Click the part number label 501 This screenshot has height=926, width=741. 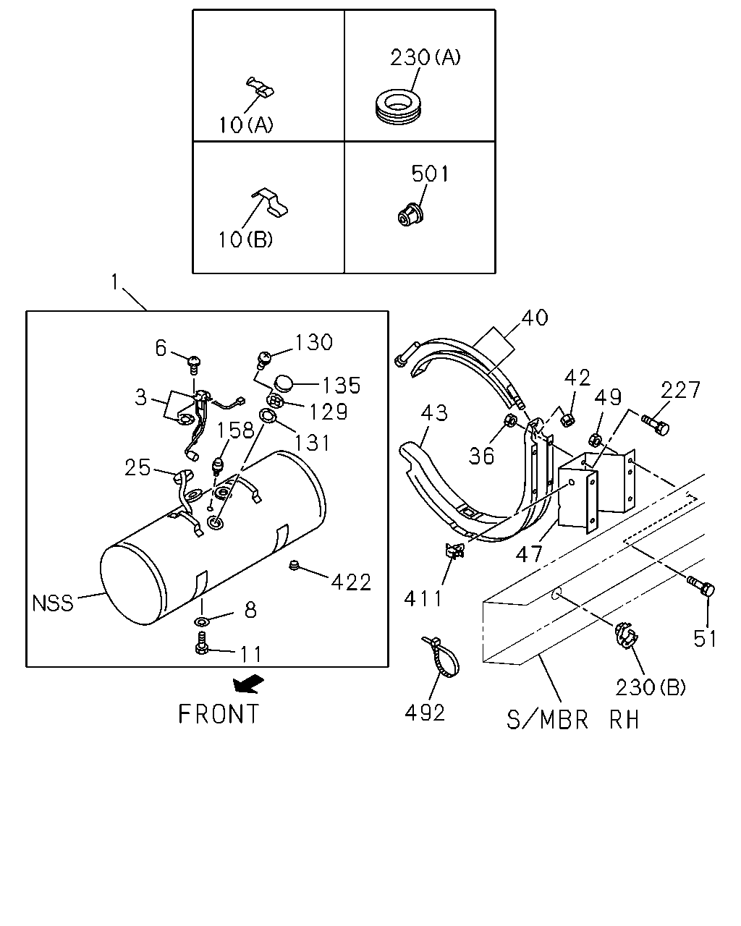tap(430, 174)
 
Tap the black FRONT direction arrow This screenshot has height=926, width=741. tap(248, 683)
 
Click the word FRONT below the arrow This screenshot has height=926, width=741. tap(219, 714)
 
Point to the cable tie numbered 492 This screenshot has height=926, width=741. tap(441, 657)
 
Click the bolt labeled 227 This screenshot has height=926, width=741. tap(656, 424)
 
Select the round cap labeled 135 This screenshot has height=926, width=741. tap(282, 383)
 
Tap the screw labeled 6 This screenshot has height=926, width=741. tap(194, 364)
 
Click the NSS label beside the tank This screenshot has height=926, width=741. tap(53, 603)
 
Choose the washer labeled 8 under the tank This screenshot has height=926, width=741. tap(200, 621)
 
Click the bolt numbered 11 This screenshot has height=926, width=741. tap(201, 643)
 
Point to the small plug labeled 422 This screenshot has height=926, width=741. tap(294, 565)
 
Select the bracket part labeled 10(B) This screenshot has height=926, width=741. tap(271, 202)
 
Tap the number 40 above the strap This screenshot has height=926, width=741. tap(534, 318)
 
